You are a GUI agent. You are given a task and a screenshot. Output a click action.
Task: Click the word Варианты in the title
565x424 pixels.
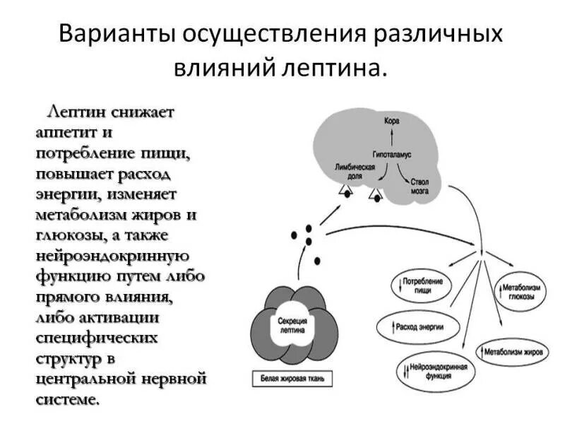point(118,36)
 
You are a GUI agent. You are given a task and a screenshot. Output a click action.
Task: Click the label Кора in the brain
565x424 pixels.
point(391,121)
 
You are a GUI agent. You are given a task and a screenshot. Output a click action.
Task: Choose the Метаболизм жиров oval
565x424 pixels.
point(513,350)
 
